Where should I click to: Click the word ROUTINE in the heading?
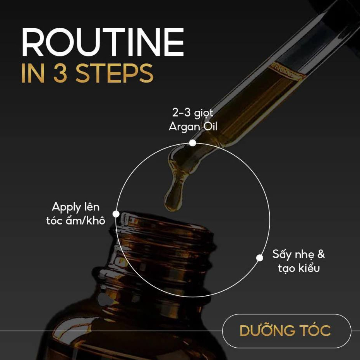tap(103, 42)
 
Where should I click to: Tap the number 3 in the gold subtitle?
tap(61, 73)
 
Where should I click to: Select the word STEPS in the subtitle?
tap(114, 73)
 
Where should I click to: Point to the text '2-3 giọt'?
tap(193, 113)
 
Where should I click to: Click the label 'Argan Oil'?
tap(193, 127)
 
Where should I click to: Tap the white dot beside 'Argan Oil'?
tap(193, 143)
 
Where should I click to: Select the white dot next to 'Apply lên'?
tap(116, 214)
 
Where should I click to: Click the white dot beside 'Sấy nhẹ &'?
tap(260, 258)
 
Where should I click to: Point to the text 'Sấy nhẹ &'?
tap(299, 254)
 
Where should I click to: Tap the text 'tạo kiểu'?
tap(299, 268)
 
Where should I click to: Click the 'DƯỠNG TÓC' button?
tap(287, 331)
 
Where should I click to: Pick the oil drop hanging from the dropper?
tap(174, 196)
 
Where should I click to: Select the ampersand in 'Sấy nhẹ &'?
tap(321, 254)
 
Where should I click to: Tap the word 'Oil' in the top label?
tap(210, 126)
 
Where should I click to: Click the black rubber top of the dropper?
tap(338, 21)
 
